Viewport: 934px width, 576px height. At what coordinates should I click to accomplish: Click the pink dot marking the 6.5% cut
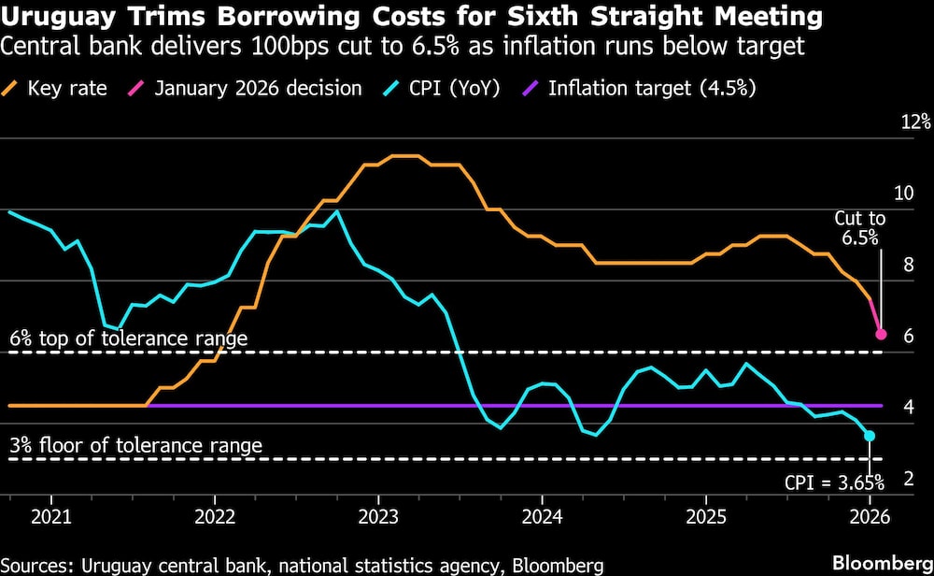click(880, 334)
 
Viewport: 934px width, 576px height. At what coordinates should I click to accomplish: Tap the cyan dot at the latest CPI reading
click(870, 436)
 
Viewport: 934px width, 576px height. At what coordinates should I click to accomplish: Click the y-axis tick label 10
click(903, 194)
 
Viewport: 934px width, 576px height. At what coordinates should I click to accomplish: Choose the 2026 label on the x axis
click(869, 515)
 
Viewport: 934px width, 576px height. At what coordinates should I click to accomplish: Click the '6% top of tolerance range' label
click(129, 338)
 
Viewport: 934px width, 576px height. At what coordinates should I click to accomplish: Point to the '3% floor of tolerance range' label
click(136, 445)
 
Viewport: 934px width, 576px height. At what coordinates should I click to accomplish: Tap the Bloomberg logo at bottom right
click(882, 564)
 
